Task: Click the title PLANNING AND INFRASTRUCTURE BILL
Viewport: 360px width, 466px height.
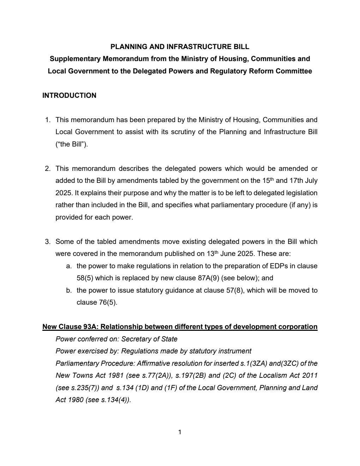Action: point(180,47)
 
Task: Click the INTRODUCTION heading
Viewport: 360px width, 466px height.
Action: point(69,95)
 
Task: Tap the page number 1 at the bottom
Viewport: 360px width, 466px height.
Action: point(180,432)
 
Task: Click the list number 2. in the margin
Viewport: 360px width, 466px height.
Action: point(48,168)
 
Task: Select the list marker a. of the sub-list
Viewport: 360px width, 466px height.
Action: point(69,266)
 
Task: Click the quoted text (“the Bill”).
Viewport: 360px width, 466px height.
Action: point(72,144)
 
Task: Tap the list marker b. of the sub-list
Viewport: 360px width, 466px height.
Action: point(69,291)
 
